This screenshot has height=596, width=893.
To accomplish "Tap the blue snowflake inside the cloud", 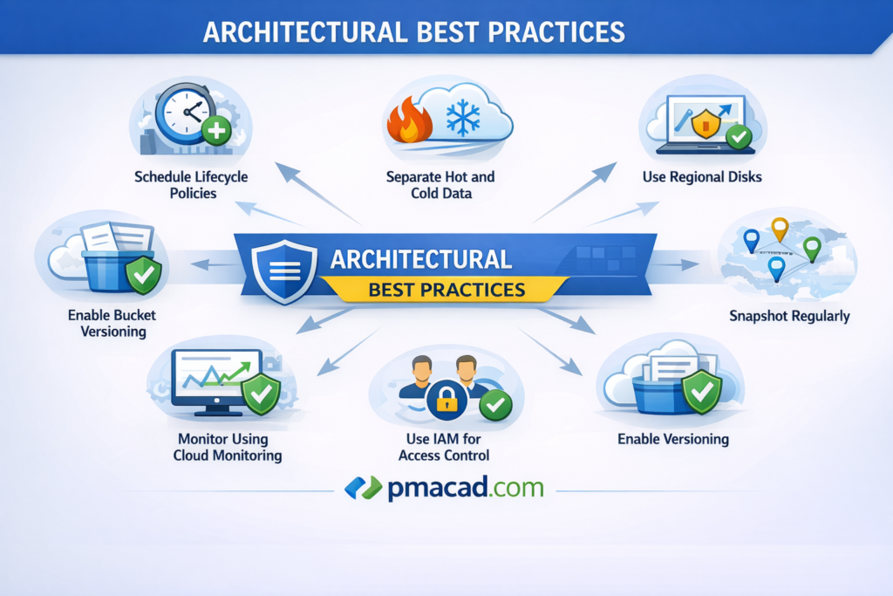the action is (x=462, y=119).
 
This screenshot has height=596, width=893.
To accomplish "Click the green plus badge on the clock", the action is (x=216, y=131).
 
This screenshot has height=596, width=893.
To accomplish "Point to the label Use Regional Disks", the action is (x=702, y=177).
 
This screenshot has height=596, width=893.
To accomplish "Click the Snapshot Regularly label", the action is (x=789, y=316).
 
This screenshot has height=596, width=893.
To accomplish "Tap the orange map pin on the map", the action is (x=780, y=229).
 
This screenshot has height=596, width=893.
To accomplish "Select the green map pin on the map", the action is (x=812, y=249).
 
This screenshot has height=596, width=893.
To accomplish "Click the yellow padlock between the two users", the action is (x=446, y=399).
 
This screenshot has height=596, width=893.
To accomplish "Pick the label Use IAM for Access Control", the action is (x=444, y=448).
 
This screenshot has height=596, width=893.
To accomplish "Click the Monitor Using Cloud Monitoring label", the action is (x=228, y=448).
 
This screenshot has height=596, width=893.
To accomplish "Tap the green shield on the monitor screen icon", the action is (x=261, y=394).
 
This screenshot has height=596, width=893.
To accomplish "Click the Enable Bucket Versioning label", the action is (x=112, y=323).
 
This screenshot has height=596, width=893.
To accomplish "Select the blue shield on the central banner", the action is (x=284, y=271).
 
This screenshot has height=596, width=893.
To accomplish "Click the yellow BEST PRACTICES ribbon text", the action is (x=446, y=290).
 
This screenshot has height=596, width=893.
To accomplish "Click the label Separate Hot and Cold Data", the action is (x=440, y=185).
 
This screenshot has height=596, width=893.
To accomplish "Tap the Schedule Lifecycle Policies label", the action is (x=191, y=185).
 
